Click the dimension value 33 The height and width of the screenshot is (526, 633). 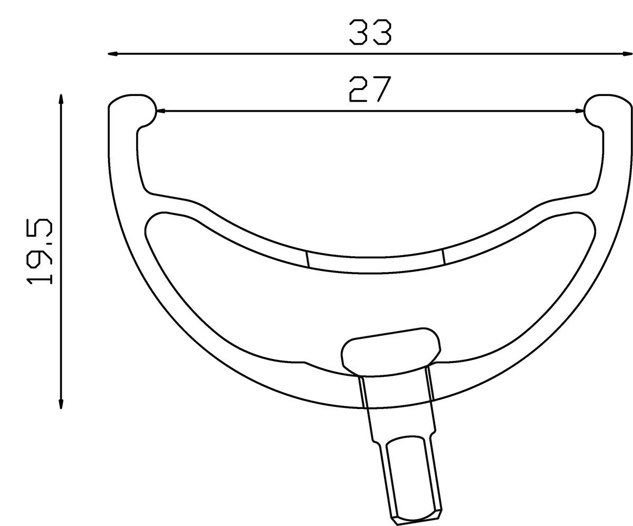370,33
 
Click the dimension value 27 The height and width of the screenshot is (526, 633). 370,89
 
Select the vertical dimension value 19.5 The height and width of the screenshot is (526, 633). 40,251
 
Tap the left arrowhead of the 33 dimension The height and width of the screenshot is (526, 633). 113,54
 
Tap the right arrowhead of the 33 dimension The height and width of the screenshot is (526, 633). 628,54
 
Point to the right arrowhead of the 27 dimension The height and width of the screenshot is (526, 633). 580,111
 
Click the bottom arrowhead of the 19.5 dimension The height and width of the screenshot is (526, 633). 61,404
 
